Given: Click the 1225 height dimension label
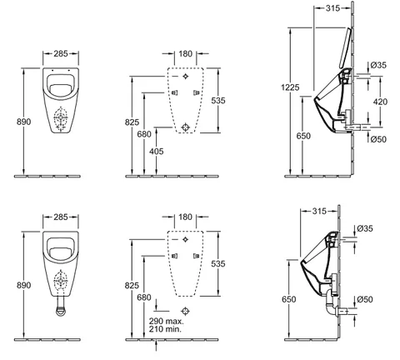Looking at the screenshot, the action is (x=290, y=87).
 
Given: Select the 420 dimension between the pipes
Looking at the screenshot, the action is (x=380, y=102).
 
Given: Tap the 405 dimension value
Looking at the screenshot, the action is (x=157, y=152).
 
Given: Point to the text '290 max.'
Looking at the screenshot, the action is (x=166, y=322).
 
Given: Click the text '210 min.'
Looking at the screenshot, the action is (x=165, y=329).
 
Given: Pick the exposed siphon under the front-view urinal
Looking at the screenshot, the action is (x=61, y=307).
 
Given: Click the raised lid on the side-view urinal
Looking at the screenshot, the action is (x=345, y=47).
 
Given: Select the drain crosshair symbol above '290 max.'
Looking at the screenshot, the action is (x=185, y=311).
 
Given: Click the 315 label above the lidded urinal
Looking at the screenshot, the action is (x=332, y=8).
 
